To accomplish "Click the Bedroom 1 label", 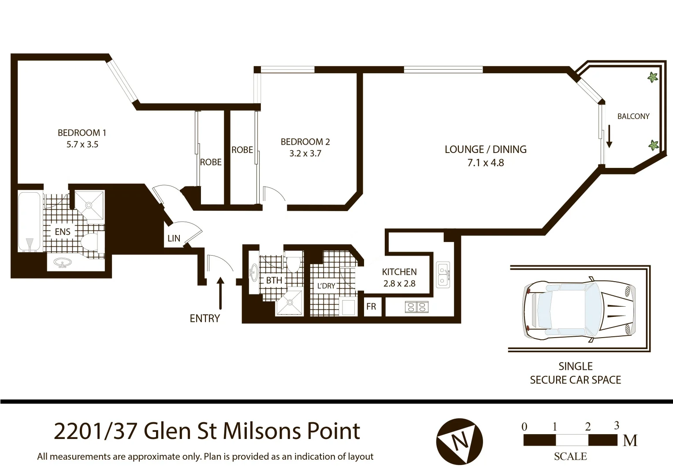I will click(82, 133).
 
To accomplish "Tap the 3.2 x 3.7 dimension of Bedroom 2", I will click(305, 154).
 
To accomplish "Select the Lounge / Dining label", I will click(485, 149).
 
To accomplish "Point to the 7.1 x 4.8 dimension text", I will click(485, 163).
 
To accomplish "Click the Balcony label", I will click(633, 116).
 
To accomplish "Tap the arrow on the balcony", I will click(610, 136).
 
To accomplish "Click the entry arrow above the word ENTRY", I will click(220, 293).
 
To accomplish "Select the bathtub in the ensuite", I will click(30, 222).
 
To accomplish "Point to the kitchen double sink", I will click(442, 274).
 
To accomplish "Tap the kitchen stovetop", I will click(416, 306).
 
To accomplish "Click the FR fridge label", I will click(371, 307).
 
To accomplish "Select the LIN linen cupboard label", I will click(174, 238).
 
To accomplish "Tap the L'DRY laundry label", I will click(326, 286).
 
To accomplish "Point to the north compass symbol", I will click(459, 441).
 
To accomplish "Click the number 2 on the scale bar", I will click(587, 427).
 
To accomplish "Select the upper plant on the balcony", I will click(652, 78).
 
